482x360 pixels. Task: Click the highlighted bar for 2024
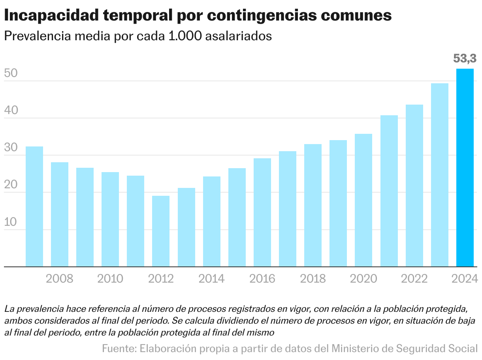coord(465,168)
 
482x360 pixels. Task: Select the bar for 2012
coord(161,231)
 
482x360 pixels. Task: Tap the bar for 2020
coord(363,200)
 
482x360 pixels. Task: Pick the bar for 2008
coord(60,214)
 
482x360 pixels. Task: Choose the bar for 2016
coord(262,212)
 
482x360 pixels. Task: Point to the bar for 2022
coord(414,186)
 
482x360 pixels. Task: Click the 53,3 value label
coord(465,59)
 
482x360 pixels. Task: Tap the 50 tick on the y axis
coord(11,73)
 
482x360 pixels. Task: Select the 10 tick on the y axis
coord(11,222)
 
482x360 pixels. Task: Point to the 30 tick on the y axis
coord(11,148)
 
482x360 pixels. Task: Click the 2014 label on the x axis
coord(211,279)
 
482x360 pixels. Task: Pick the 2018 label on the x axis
coord(313,279)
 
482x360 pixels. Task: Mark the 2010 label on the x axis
coord(110,279)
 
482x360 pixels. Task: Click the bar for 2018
coord(313,205)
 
